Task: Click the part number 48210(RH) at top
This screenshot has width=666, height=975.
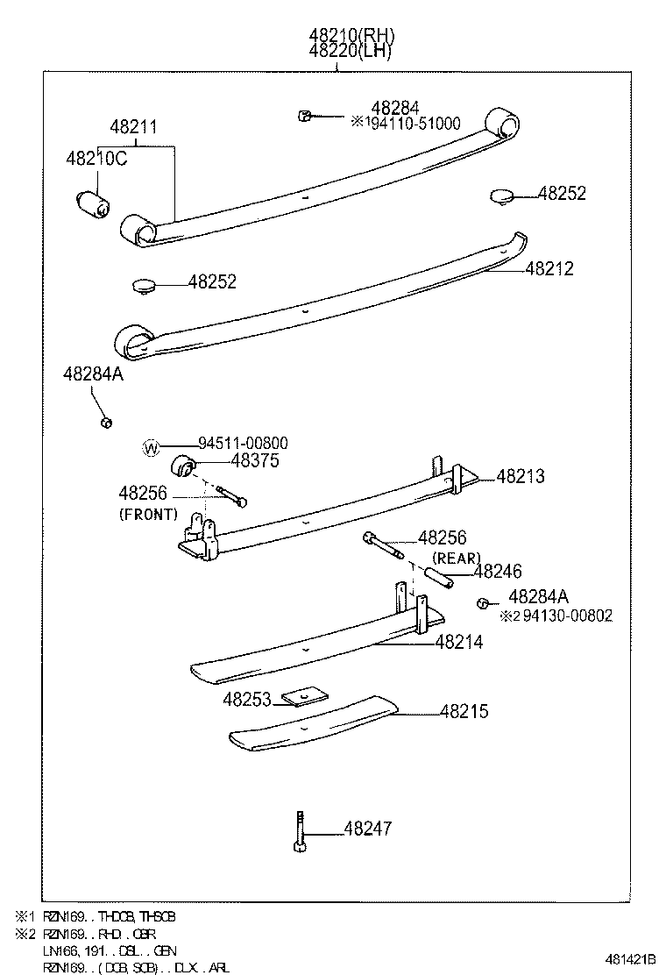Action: (x=351, y=36)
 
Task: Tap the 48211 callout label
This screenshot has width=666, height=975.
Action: (x=133, y=127)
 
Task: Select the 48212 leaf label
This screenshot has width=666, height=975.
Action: (x=549, y=269)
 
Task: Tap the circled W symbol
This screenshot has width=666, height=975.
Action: (x=152, y=448)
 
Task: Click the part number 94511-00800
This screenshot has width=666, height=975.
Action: (x=243, y=445)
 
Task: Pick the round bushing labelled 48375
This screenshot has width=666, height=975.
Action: (x=183, y=466)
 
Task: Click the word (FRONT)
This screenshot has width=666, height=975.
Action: (x=148, y=515)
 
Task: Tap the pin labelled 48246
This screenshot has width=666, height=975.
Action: (x=438, y=579)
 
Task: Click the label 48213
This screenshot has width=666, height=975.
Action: (x=521, y=477)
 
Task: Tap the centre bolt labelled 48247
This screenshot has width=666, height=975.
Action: (x=300, y=829)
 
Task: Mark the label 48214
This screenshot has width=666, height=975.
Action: (x=459, y=643)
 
